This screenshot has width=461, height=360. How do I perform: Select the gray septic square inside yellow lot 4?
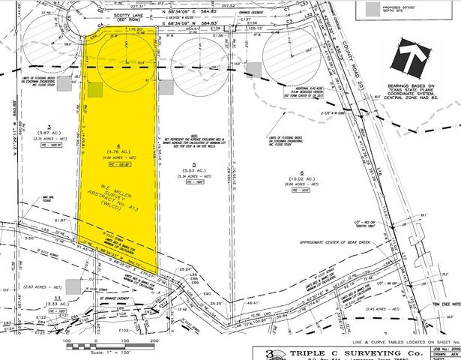(x=94, y=90)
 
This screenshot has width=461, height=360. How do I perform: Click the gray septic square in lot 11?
(x=72, y=286)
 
